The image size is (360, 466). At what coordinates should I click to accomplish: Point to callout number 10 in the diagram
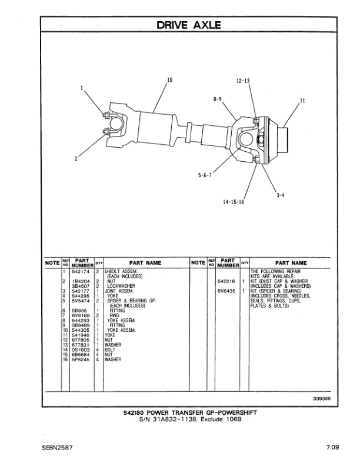(x=169, y=79)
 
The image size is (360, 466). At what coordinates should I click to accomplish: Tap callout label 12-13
(x=243, y=80)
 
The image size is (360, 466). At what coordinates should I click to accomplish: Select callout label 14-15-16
(x=234, y=202)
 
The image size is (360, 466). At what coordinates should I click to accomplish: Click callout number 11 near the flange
(x=302, y=101)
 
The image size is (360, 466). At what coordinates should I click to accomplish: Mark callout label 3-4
(x=281, y=196)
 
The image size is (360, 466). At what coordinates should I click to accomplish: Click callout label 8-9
(x=217, y=99)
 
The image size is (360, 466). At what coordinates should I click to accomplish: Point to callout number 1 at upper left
(x=82, y=89)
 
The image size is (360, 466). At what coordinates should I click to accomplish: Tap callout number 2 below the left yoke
(x=76, y=157)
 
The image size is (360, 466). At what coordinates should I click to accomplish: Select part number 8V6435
(x=226, y=291)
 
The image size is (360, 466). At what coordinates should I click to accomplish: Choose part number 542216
(x=226, y=281)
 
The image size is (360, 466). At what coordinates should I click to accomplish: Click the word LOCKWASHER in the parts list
(x=118, y=286)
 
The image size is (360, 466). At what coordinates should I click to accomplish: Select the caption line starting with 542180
(x=181, y=412)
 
